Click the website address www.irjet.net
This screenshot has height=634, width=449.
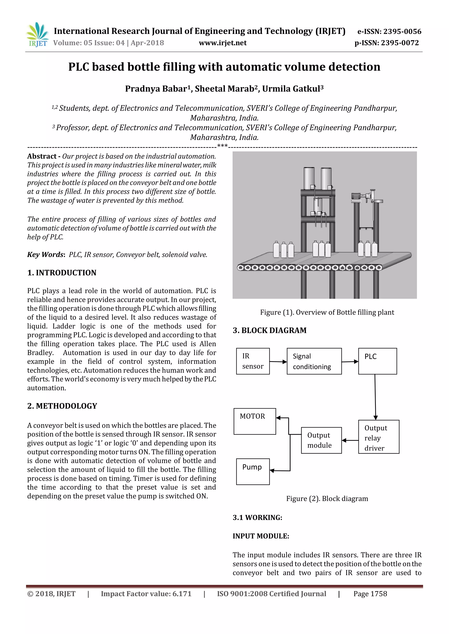223,43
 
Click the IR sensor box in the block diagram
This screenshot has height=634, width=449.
253,361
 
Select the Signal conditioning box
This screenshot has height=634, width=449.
314,361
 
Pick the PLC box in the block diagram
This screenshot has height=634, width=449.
377,361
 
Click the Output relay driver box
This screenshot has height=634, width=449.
378,438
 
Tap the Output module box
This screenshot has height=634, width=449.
321,440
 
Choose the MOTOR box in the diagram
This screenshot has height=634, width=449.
255,421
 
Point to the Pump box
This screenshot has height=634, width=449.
253,471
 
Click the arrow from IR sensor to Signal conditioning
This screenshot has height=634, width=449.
278,361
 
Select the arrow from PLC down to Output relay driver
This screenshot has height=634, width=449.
375,397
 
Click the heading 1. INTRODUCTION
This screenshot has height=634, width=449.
62,273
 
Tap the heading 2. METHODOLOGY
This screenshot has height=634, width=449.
62,406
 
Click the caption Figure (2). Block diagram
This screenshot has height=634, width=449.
327,498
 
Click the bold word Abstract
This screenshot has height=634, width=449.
42,156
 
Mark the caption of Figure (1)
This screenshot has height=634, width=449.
327,312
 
